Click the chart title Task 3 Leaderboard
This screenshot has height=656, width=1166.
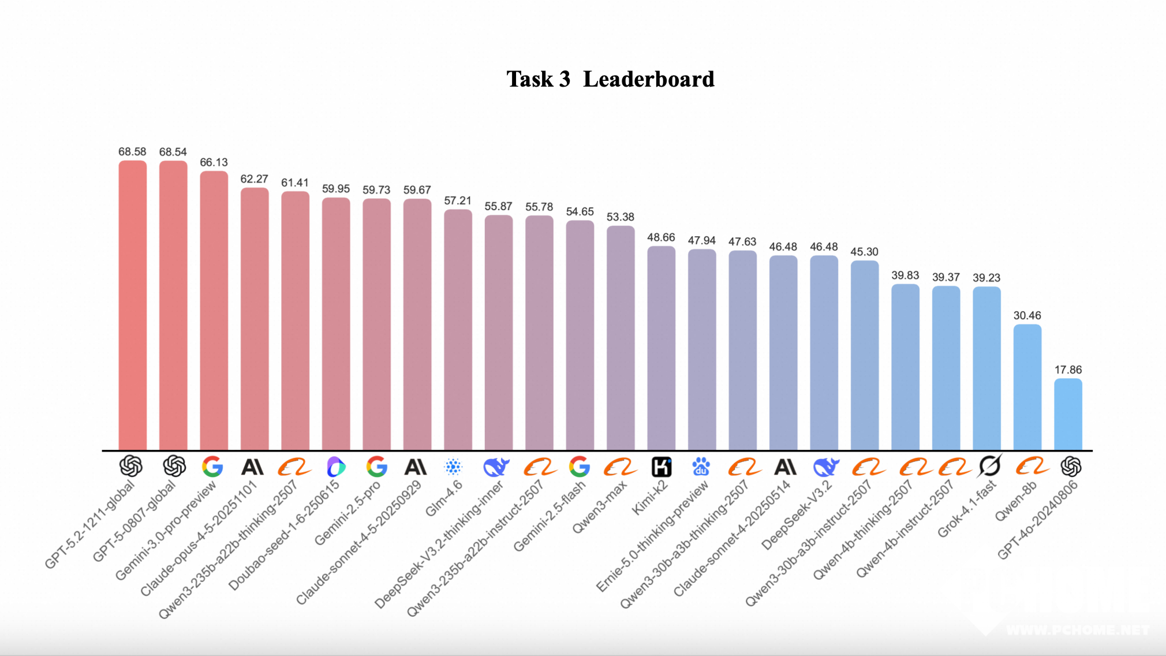[x=610, y=79]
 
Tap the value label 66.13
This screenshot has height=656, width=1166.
[x=214, y=162]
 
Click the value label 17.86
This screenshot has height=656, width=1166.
[x=1068, y=370]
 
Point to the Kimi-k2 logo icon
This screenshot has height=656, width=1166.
[x=661, y=467]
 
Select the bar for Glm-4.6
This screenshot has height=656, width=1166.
[x=458, y=329]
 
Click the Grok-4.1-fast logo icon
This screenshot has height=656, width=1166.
[x=989, y=465]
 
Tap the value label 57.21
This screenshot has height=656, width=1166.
[x=458, y=200]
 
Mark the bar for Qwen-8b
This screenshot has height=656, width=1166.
[x=1027, y=387]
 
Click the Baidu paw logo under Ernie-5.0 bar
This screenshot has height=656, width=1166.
[x=701, y=467]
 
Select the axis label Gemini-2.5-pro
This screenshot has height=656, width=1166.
[x=347, y=513]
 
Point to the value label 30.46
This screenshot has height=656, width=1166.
[x=1027, y=315]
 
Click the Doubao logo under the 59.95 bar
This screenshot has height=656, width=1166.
[x=336, y=467]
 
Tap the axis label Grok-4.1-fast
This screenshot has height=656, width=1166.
[x=967, y=509]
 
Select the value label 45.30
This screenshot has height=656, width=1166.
[x=864, y=252]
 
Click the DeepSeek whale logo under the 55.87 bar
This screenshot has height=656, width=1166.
[x=496, y=467]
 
